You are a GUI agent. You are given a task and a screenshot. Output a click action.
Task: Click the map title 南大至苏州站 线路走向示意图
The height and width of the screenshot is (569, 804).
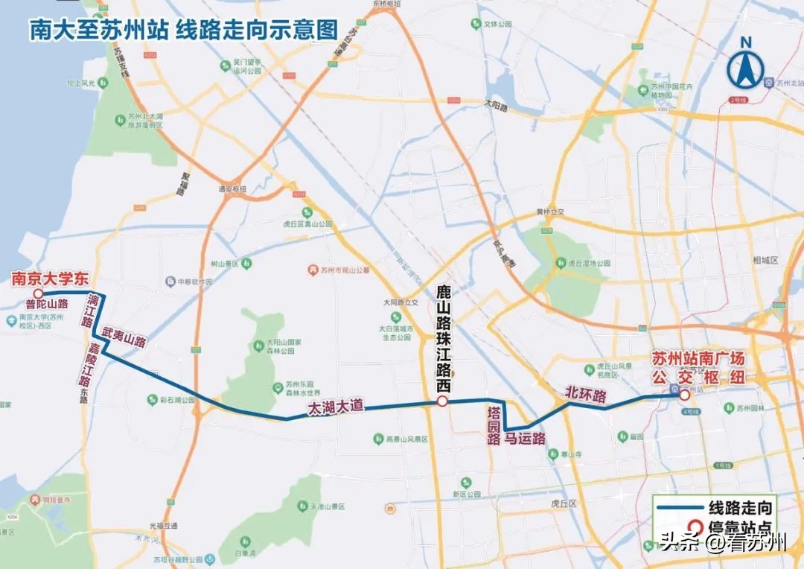(x=183, y=29)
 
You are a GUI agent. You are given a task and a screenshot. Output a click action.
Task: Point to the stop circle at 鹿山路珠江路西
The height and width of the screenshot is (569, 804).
(x=441, y=402)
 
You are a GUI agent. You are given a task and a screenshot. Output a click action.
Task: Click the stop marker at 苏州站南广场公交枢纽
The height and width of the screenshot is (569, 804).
(x=683, y=396)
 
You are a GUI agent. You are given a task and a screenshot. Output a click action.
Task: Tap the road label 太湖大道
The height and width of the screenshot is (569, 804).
(x=336, y=407)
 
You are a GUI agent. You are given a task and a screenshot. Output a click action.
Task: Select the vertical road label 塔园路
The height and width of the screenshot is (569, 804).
(x=492, y=425)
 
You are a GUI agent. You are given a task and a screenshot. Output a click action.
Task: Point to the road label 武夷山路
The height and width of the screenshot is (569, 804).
(x=124, y=337)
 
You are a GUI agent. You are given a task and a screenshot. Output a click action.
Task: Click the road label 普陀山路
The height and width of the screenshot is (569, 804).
(x=46, y=304)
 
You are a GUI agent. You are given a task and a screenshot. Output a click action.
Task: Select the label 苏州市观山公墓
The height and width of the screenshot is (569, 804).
(x=344, y=270)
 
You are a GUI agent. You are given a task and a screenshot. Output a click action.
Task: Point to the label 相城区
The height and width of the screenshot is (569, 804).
(x=765, y=260)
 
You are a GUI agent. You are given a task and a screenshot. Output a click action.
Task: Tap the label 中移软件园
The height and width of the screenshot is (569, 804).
(x=194, y=282)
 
